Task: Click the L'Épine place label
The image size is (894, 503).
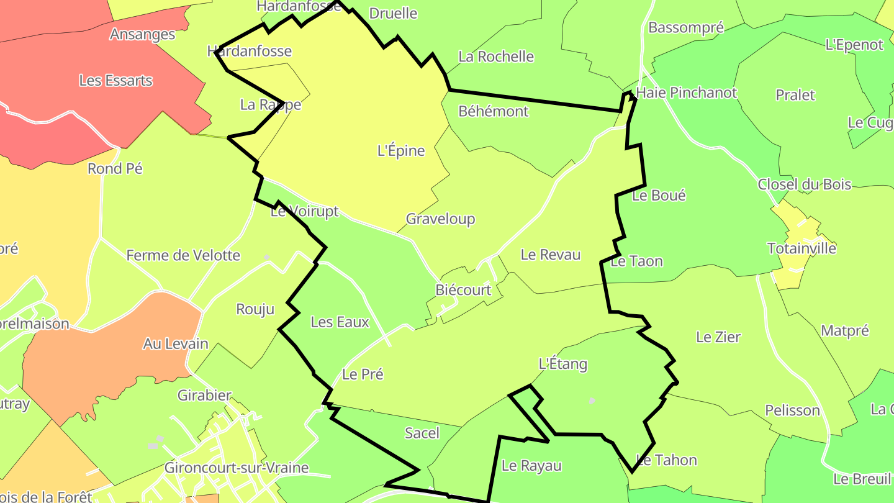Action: pyautogui.click(x=401, y=151)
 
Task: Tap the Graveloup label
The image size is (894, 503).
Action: pyautogui.click(x=440, y=219)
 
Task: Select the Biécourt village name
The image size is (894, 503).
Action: pyautogui.click(x=463, y=290)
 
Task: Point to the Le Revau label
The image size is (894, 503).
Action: pyautogui.click(x=551, y=255)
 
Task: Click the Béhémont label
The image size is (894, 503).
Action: pyautogui.click(x=494, y=112)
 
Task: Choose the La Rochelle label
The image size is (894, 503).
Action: pyautogui.click(x=496, y=57)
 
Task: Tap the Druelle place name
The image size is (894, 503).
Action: pyautogui.click(x=393, y=14)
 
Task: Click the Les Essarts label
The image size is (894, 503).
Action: pyautogui.click(x=116, y=81)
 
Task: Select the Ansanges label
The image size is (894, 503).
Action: pyautogui.click(x=142, y=34)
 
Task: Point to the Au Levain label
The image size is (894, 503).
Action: pyautogui.click(x=176, y=344)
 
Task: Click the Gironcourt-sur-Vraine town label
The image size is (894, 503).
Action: pyautogui.click(x=237, y=468)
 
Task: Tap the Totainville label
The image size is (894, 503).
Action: pyautogui.click(x=801, y=249)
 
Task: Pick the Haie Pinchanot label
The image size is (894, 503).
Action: pyautogui.click(x=687, y=93)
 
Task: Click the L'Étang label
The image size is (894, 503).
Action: pyautogui.click(x=562, y=364)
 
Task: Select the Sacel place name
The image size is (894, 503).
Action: pyautogui.click(x=422, y=433)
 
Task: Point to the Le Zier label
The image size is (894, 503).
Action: pyautogui.click(x=718, y=337)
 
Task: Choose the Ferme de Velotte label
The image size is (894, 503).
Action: pyautogui.click(x=183, y=255)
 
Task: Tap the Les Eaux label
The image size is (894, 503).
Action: pyautogui.click(x=340, y=322)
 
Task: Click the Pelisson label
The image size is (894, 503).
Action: pyautogui.click(x=792, y=410)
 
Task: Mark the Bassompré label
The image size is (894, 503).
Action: pyautogui.click(x=686, y=28)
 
